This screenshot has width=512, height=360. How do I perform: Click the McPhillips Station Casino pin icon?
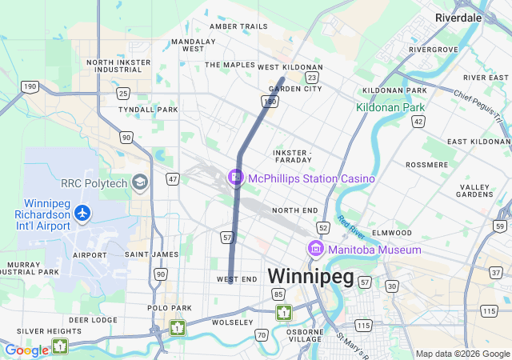click(x=236, y=177)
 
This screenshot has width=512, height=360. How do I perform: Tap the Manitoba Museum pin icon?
click(x=315, y=250)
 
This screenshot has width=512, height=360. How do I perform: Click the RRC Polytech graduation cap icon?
click(x=141, y=183)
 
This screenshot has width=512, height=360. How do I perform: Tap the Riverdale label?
click(x=458, y=17)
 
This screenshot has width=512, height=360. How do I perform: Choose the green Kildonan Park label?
click(x=390, y=106)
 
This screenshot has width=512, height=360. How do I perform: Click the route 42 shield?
click(x=418, y=120)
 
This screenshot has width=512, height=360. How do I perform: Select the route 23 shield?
click(x=312, y=78)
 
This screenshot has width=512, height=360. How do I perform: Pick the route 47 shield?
click(x=173, y=179)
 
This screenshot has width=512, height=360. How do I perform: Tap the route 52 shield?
click(x=323, y=228)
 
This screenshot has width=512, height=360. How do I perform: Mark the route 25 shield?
click(x=123, y=94)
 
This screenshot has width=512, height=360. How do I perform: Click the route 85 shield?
click(x=278, y=294)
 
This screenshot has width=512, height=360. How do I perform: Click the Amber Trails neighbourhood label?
click(x=238, y=26)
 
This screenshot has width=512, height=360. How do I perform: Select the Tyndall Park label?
click(x=148, y=110)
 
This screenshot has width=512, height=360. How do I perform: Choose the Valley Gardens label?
click(x=475, y=190)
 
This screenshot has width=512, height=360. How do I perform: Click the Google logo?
click(x=27, y=350)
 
